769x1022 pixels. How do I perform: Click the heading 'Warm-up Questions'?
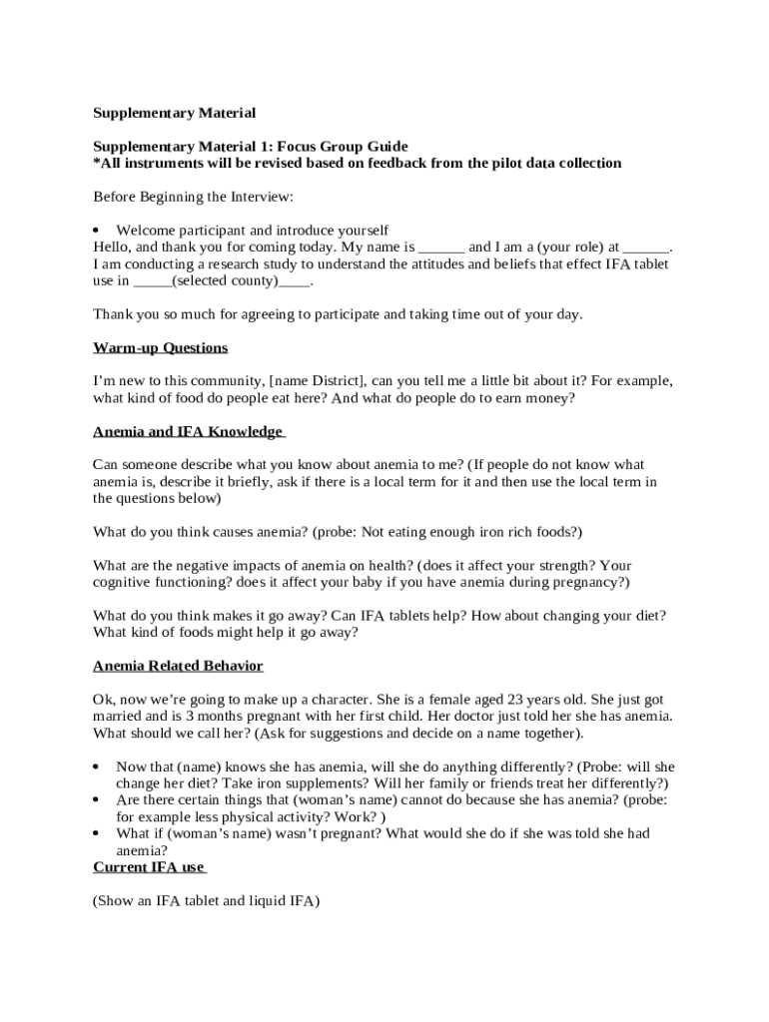(x=160, y=348)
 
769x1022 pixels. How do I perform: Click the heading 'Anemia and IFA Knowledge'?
(x=188, y=432)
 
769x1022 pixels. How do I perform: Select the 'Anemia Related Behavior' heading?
(x=178, y=666)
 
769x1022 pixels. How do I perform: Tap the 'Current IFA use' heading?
(x=149, y=868)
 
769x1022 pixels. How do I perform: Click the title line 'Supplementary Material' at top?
(x=174, y=113)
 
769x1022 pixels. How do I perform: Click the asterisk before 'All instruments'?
(x=97, y=163)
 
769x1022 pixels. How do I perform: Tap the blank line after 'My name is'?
(x=441, y=248)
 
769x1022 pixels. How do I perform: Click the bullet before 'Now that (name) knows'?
(x=97, y=766)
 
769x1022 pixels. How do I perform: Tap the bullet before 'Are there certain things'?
(x=97, y=800)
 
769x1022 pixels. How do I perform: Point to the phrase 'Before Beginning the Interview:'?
(x=193, y=197)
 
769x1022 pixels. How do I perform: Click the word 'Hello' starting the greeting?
(x=112, y=248)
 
